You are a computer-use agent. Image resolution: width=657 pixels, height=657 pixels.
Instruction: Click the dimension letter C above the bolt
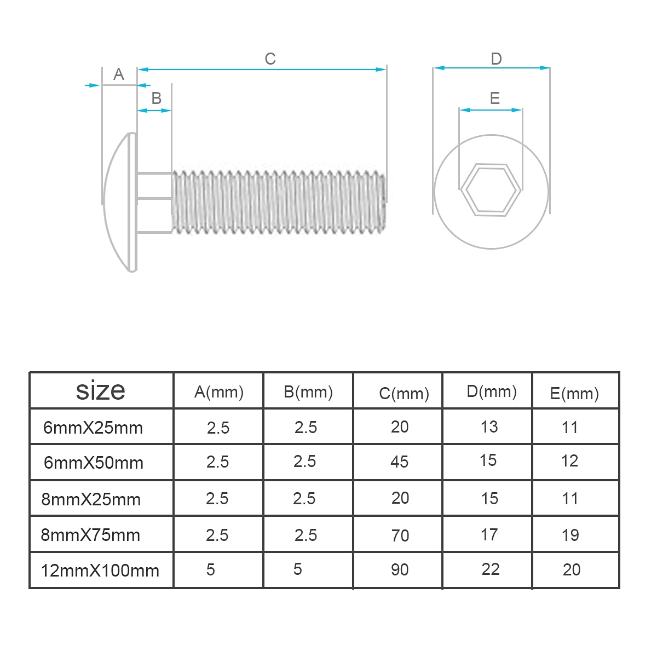pos(270,59)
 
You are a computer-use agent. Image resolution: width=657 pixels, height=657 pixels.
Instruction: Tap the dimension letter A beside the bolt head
pos(118,74)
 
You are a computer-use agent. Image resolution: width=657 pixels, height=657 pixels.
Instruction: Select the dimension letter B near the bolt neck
pos(156,98)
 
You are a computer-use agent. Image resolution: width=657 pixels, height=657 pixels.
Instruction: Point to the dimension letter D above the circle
pos(496,59)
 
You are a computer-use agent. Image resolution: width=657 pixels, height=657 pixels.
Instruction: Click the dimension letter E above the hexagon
pos(494,98)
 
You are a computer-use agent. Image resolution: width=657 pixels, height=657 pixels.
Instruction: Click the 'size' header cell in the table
pos(101,390)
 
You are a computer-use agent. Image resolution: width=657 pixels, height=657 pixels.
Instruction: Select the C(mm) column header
pos(404,393)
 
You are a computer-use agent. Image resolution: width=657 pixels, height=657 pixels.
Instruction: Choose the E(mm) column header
pos(574,393)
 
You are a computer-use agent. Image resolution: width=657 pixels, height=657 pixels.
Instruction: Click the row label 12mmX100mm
pos(100,570)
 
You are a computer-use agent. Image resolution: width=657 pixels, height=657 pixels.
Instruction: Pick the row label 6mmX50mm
pos(93,463)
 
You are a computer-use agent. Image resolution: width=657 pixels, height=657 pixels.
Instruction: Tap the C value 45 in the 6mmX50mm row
pos(399,462)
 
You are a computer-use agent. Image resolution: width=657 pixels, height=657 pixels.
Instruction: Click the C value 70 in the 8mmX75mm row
pos(400,535)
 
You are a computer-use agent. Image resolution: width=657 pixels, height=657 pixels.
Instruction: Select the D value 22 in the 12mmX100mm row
pos(490,569)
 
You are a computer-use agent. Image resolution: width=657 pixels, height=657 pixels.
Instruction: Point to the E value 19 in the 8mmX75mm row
pos(570,535)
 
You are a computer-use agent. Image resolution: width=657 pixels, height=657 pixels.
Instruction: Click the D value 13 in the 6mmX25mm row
pos(489,427)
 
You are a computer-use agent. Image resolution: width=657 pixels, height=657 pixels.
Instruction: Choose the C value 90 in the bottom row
pos(399,569)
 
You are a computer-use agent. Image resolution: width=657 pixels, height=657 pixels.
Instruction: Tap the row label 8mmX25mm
pos(91,499)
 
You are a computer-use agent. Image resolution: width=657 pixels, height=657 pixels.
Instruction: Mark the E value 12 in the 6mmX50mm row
pos(569,461)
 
